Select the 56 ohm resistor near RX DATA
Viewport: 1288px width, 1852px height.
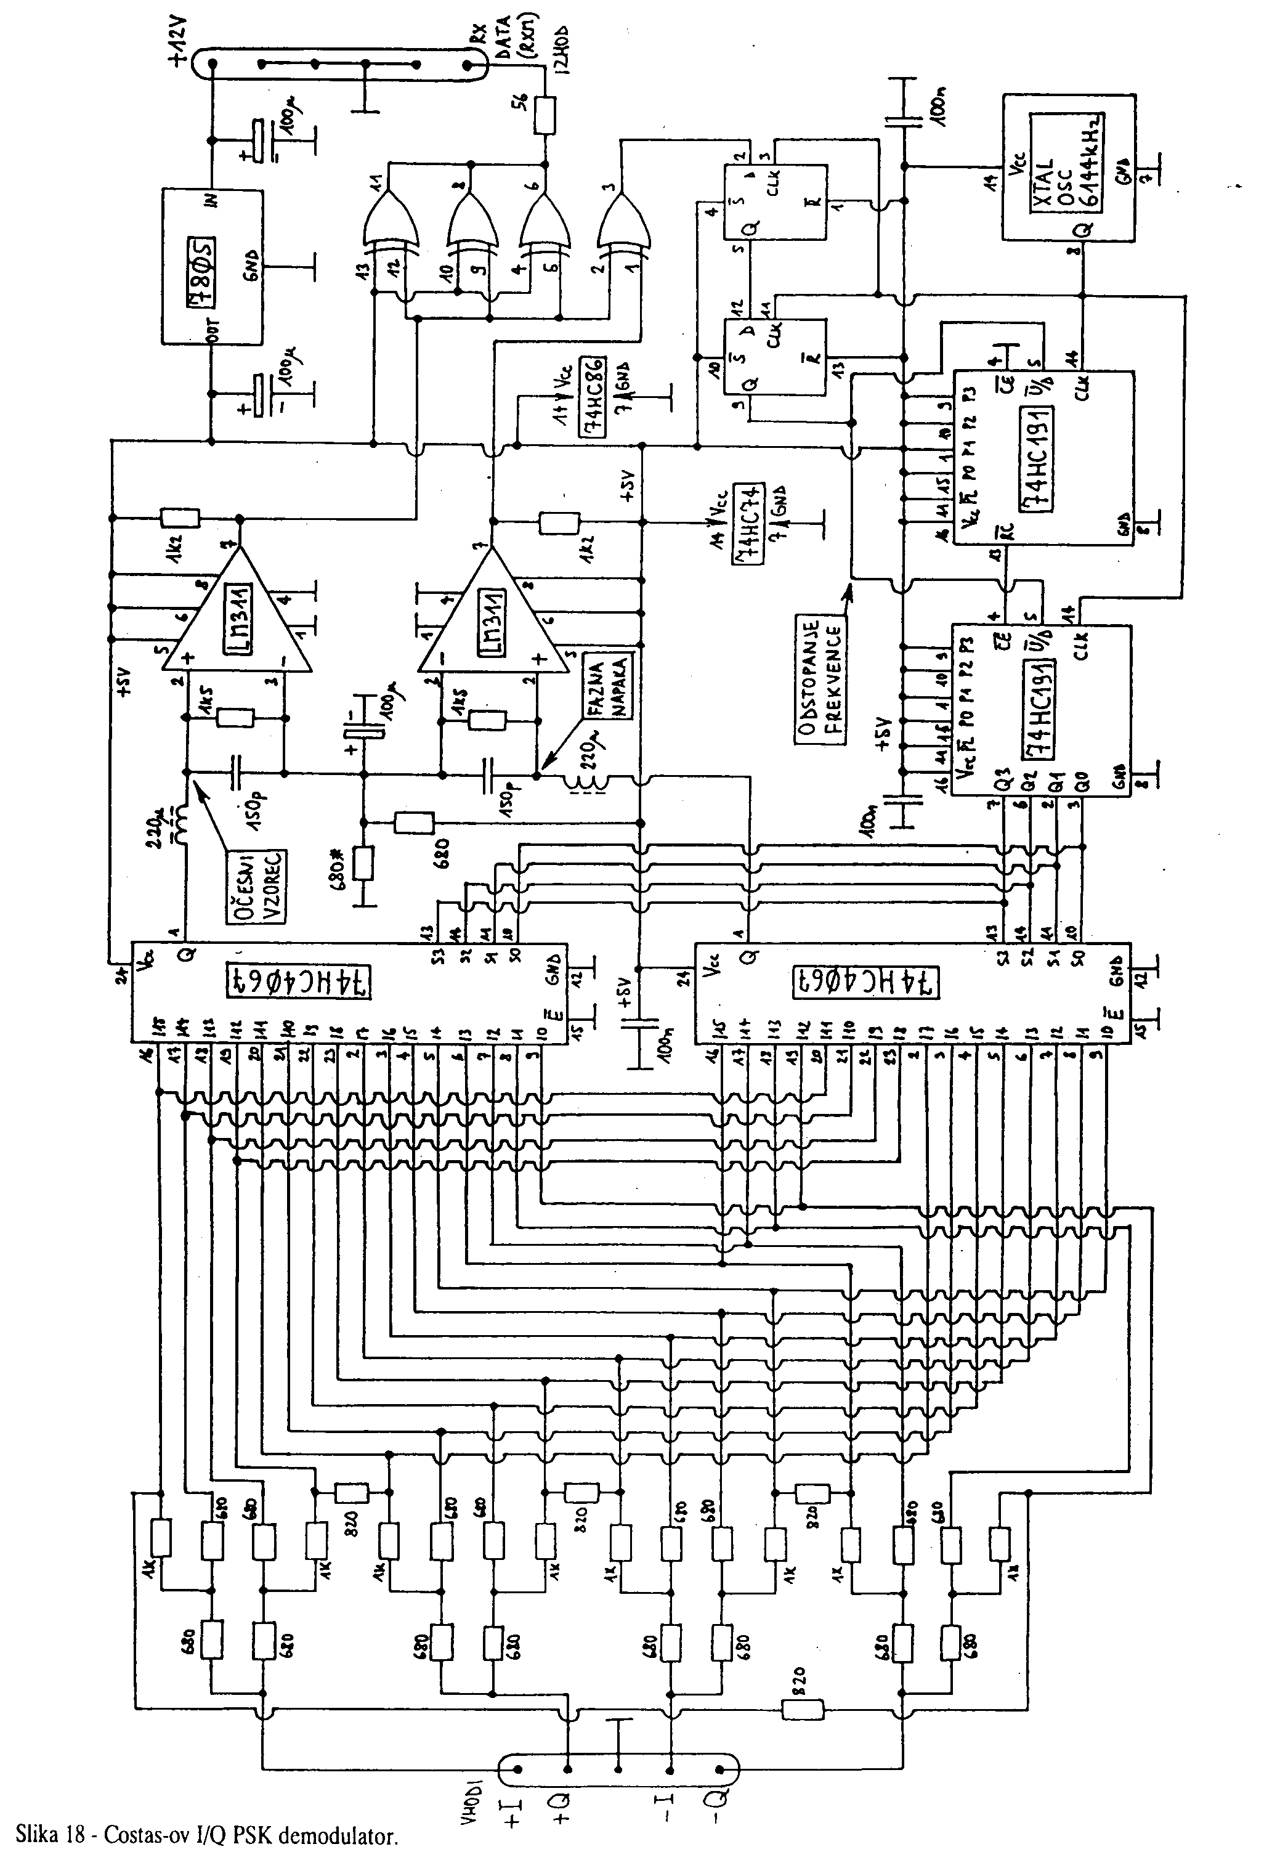pos(545,115)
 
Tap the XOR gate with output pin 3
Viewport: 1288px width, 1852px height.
pos(622,222)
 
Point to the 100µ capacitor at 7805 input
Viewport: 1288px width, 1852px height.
pos(258,139)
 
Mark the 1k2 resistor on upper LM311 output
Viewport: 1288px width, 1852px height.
pos(179,517)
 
